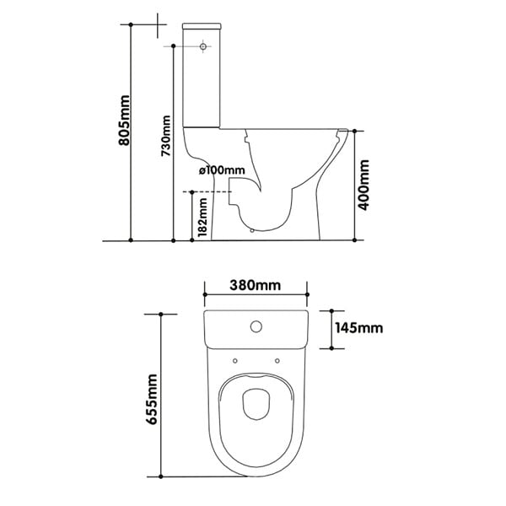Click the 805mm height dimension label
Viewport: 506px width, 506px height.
point(124,120)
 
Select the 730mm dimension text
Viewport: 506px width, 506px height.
point(166,136)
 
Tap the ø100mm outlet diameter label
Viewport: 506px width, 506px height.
point(222,170)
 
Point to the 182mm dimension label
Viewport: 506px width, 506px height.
point(202,218)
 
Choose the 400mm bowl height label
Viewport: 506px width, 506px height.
point(363,185)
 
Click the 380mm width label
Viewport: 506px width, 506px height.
point(255,285)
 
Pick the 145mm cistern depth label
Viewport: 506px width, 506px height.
point(359,328)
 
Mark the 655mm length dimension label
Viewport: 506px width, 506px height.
point(151,399)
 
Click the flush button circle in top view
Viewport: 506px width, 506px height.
point(256,327)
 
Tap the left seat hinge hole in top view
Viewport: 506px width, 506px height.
point(235,361)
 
